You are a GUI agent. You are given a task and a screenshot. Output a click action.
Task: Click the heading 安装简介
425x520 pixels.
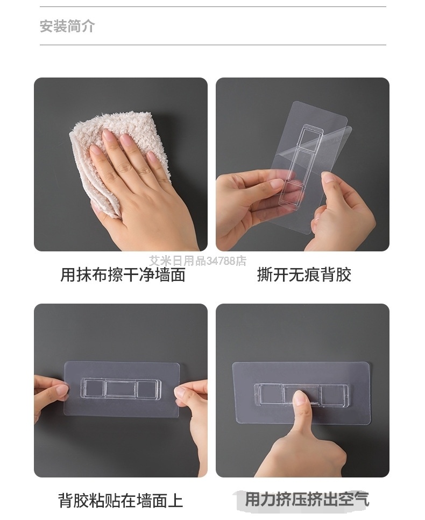point(67,26)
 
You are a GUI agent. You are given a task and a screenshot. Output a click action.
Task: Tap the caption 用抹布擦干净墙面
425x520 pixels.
point(123,275)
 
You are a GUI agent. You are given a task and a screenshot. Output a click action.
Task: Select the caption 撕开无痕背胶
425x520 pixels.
point(304,275)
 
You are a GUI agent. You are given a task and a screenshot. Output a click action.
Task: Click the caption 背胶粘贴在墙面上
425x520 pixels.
point(121,500)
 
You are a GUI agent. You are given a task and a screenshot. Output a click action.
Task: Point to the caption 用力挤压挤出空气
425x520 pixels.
point(307,499)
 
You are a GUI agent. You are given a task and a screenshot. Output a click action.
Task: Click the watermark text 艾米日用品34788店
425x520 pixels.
point(197,261)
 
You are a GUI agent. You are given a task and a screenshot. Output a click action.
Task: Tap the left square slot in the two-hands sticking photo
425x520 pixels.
point(93,388)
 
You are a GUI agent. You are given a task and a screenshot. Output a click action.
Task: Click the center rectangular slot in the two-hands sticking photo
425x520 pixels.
point(120,388)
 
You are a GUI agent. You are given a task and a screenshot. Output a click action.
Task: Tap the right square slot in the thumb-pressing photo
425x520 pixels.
point(334,395)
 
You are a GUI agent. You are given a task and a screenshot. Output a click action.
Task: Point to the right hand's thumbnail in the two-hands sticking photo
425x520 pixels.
point(181,393)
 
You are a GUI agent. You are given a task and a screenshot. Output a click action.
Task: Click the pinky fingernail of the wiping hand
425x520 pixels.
point(151,156)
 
